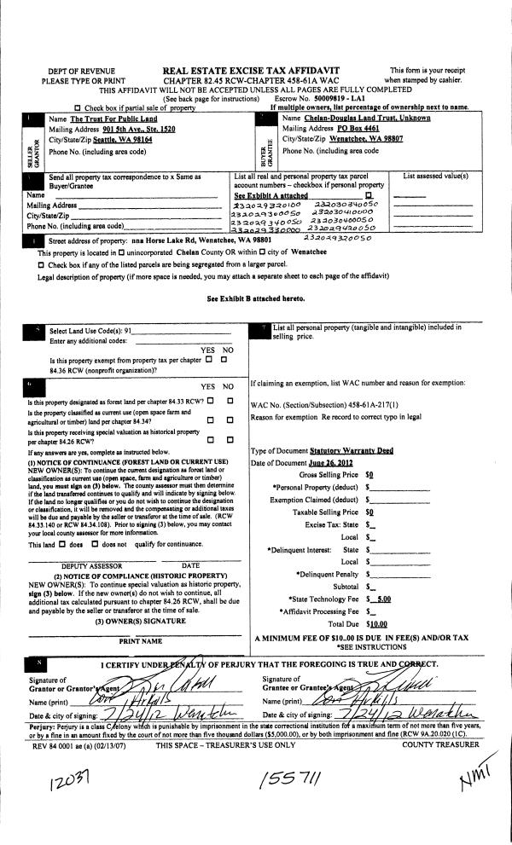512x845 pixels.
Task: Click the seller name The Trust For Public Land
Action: click(103, 119)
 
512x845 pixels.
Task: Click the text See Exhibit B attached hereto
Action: click(255, 299)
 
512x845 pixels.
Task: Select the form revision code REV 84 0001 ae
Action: click(61, 744)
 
